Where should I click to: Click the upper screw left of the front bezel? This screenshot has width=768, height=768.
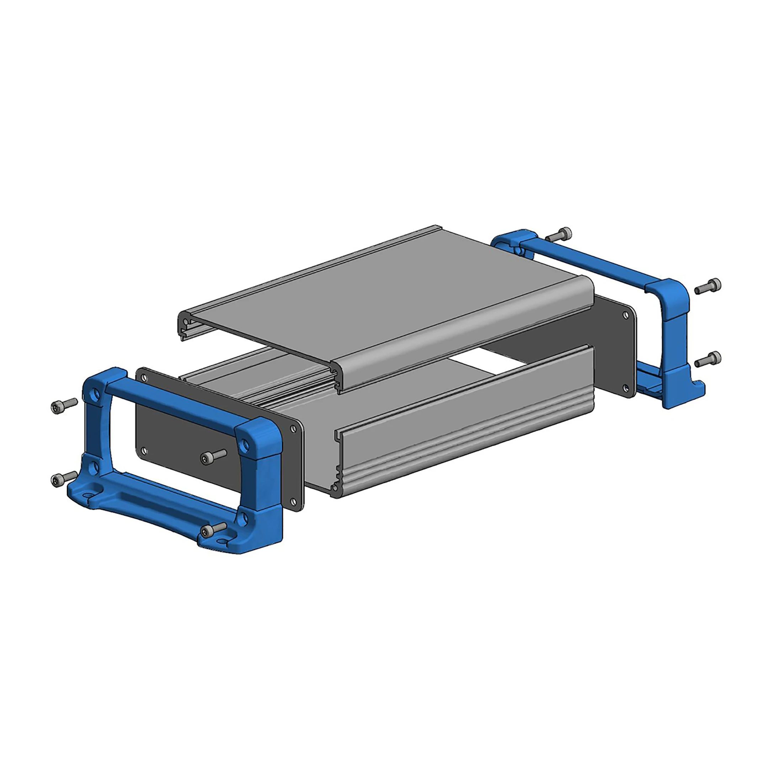63,406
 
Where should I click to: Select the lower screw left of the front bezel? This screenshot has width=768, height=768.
63,479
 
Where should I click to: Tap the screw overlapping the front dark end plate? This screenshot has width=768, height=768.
213,457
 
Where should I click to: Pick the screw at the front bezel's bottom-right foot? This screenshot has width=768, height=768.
213,530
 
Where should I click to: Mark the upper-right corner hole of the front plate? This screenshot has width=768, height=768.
293,429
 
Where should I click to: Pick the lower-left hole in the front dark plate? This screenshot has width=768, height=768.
144,451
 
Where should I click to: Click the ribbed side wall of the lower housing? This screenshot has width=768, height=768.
465,425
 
